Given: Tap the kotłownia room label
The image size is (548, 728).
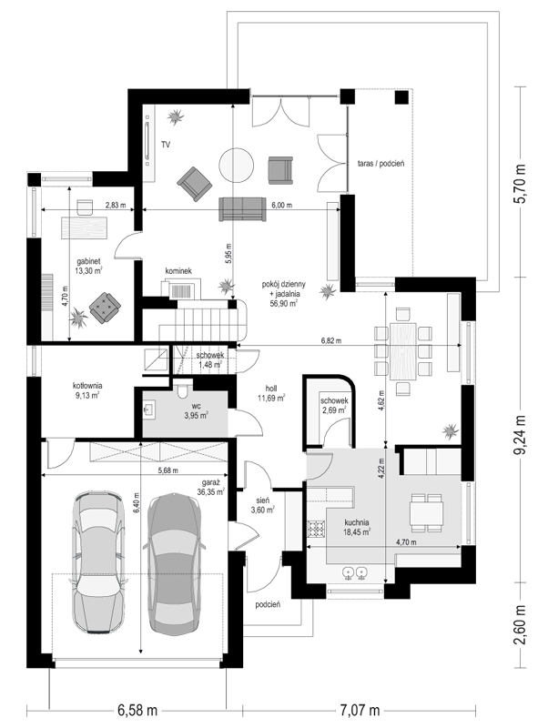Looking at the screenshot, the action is click(87, 385).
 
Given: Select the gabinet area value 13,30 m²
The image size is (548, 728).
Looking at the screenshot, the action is click(88, 270).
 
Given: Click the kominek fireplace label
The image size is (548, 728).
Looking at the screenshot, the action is click(178, 270).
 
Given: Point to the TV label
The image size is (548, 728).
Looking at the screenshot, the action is click(166, 145).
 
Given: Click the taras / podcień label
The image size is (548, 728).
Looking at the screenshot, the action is click(381, 164).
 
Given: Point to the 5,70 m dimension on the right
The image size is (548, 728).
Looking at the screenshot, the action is click(521, 184).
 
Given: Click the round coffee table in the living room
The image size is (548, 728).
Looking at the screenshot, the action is click(237, 165).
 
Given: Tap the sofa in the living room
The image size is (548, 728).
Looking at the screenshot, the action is click(242, 209).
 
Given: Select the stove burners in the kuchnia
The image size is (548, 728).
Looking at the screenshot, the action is click(316, 529).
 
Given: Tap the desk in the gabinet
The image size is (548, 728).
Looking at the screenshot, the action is click(84, 227).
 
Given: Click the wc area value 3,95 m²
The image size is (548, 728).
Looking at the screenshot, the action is click(196, 415).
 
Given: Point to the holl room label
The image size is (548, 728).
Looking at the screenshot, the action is click(271, 389).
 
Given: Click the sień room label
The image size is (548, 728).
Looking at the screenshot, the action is click(262, 500).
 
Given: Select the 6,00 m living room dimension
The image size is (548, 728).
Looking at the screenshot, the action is click(282, 205).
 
